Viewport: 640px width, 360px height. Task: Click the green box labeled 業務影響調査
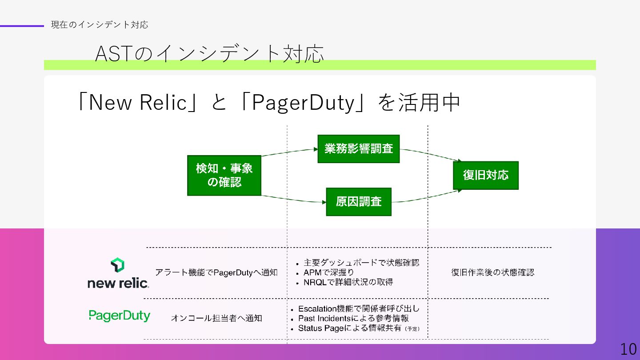(358, 149)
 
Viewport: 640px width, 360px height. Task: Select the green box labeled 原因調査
(359, 202)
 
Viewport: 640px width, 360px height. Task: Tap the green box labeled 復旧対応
(485, 175)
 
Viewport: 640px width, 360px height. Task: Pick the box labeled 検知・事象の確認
(224, 175)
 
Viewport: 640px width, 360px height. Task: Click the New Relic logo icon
(117, 265)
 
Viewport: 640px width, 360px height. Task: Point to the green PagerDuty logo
(120, 316)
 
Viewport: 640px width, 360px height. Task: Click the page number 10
(628, 349)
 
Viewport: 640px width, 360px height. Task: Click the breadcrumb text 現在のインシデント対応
(100, 25)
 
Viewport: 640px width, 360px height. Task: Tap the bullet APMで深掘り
(328, 272)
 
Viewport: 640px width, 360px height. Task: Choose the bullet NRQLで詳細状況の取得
(348, 282)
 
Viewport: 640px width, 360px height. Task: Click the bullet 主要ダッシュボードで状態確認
(361, 263)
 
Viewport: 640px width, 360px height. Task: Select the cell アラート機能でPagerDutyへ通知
(216, 272)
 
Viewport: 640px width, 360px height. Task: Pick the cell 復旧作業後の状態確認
(492, 272)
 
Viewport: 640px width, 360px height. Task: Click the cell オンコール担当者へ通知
(216, 318)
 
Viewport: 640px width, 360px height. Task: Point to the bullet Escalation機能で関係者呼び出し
(359, 308)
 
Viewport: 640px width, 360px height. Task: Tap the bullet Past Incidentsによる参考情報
(353, 318)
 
